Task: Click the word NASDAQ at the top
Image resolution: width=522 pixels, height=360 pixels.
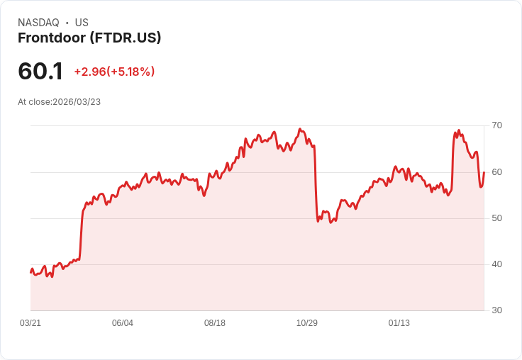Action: (x=38, y=23)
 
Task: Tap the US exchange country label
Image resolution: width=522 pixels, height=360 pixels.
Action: (x=82, y=23)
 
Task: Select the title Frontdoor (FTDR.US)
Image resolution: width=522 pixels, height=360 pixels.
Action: (x=89, y=38)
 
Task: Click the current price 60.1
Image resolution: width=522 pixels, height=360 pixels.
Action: (x=40, y=72)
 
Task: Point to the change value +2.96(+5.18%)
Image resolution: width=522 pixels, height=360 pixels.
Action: (x=114, y=72)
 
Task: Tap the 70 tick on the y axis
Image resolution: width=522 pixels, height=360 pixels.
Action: (x=497, y=125)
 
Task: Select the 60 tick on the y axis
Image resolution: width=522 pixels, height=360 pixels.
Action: (x=497, y=172)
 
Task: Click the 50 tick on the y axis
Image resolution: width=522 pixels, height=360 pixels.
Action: (x=497, y=218)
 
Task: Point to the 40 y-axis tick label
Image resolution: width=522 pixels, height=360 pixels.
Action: (x=497, y=264)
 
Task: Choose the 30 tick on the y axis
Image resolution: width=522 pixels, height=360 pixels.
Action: (x=497, y=310)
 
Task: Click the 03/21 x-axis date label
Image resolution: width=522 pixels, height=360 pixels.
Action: (x=30, y=323)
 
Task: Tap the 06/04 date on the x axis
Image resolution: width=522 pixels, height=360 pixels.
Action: (x=123, y=323)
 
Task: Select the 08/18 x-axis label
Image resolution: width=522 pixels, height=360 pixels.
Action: (x=215, y=323)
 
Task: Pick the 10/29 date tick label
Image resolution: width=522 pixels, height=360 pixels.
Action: (x=307, y=323)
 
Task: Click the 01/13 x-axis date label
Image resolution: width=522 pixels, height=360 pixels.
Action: (x=399, y=323)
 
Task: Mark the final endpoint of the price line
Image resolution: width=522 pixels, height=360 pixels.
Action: (x=484, y=172)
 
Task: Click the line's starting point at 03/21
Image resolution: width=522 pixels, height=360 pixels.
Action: (x=30, y=272)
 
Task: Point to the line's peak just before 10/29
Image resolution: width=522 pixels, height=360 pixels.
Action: (x=301, y=129)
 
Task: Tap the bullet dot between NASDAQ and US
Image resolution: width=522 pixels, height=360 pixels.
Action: (x=67, y=23)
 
